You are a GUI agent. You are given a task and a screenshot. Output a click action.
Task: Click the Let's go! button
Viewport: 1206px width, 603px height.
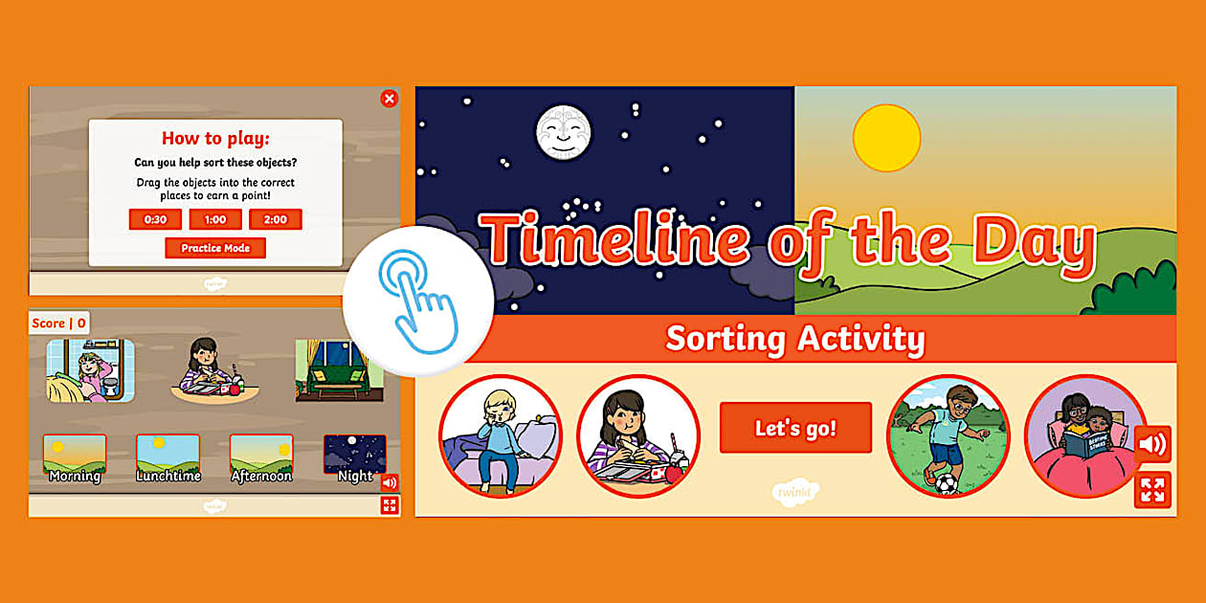(795, 428)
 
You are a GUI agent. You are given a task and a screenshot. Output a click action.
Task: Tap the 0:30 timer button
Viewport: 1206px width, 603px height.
(155, 219)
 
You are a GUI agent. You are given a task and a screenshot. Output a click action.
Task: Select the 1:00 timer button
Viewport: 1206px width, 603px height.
(215, 219)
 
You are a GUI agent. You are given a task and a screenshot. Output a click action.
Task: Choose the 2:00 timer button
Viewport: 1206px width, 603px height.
(276, 219)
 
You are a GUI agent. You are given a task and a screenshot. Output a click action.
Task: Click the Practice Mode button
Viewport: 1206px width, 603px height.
(215, 248)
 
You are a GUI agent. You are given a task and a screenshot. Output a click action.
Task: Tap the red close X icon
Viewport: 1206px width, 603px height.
(389, 98)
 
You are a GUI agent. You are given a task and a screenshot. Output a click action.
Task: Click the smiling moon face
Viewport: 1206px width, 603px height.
(563, 132)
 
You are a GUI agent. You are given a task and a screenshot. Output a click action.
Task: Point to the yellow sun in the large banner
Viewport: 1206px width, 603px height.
(886, 138)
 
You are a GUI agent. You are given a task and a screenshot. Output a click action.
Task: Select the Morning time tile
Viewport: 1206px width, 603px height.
(75, 458)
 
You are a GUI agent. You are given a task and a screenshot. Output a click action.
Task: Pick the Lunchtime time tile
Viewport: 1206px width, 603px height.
(167, 458)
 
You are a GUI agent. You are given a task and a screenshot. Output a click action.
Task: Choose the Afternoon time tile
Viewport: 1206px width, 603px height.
(261, 458)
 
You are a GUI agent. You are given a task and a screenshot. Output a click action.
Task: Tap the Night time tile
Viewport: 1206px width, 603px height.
(355, 458)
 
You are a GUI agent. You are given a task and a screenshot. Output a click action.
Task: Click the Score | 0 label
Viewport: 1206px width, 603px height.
(59, 323)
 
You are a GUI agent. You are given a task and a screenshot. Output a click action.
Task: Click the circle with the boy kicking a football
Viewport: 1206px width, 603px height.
(948, 435)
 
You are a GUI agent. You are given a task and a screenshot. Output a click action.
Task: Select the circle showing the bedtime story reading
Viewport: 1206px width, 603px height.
(1084, 435)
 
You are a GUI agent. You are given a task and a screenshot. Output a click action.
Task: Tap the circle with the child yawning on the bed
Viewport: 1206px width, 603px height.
(501, 435)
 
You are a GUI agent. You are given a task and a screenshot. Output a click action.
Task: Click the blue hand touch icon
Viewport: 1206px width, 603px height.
(418, 300)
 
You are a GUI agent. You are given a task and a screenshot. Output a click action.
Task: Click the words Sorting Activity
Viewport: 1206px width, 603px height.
(795, 338)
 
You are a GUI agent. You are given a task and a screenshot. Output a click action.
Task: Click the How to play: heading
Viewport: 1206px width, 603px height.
(215, 138)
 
